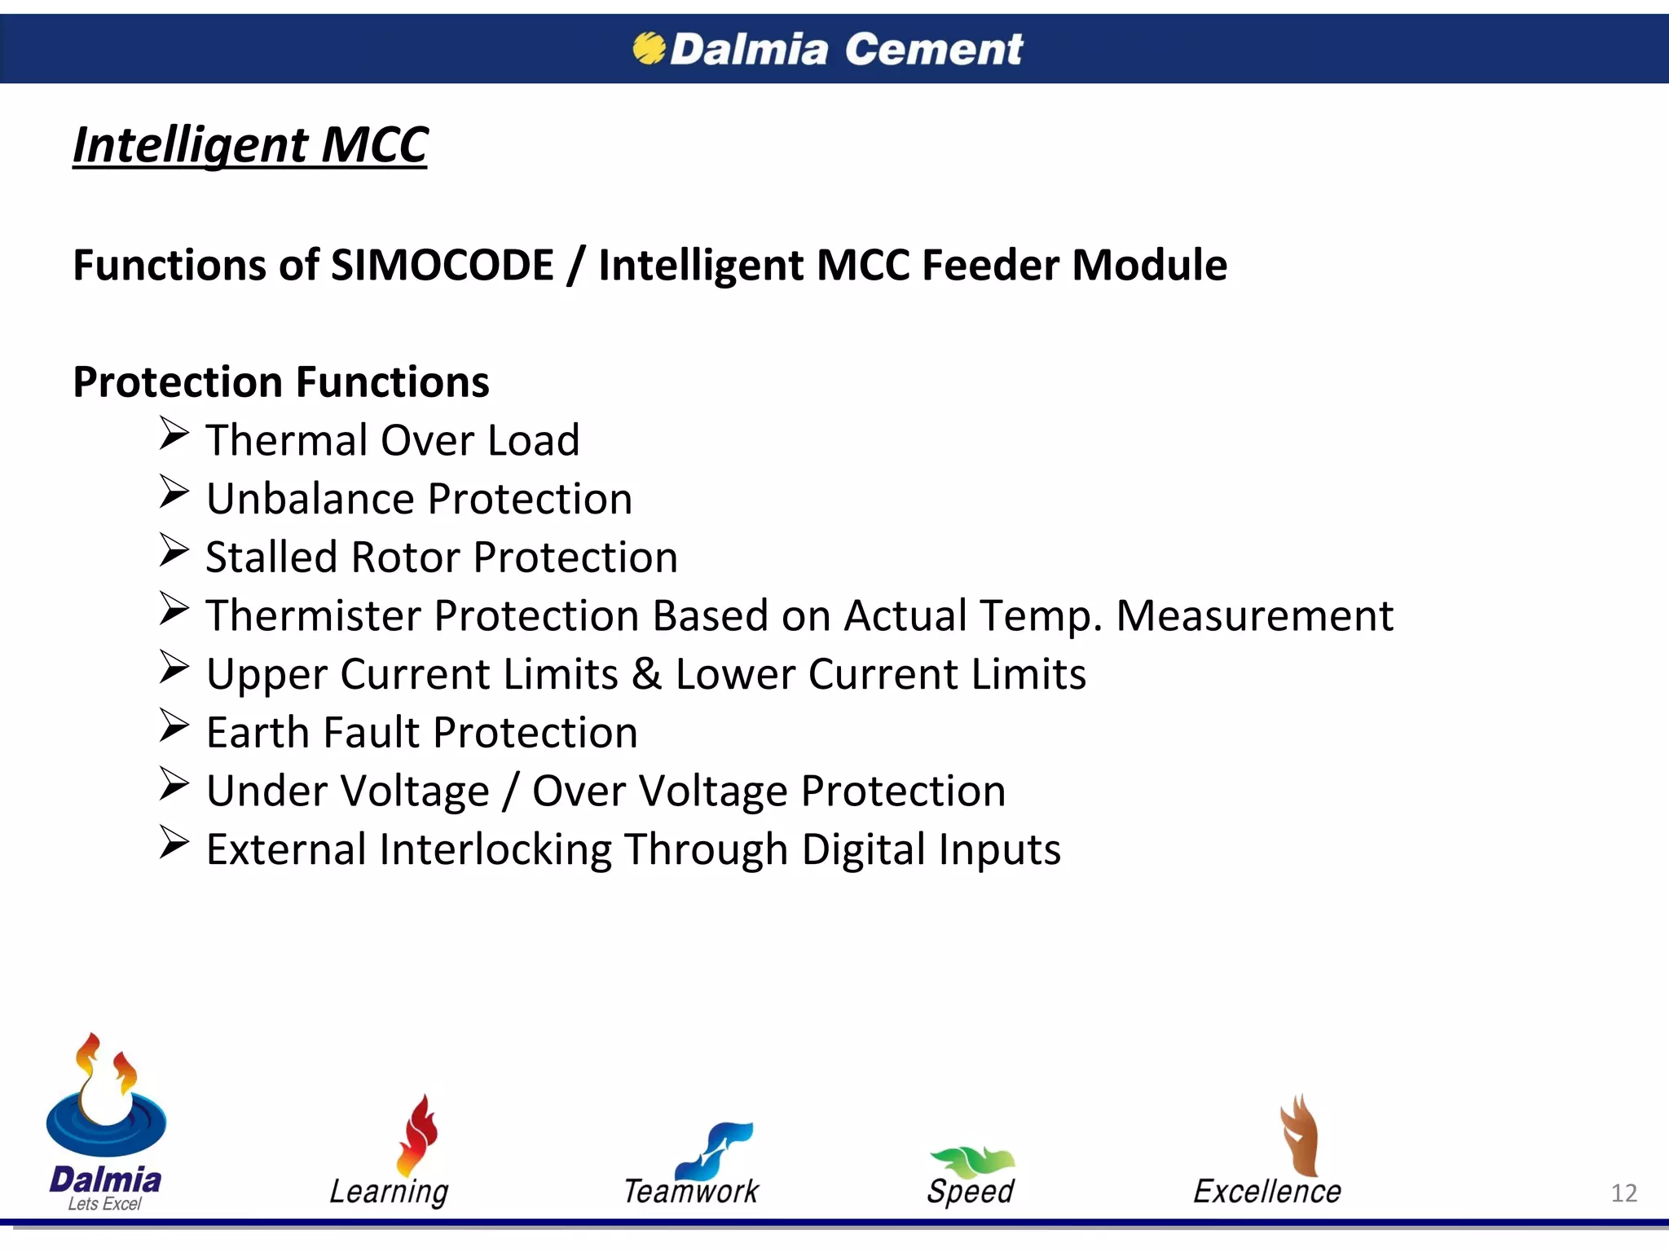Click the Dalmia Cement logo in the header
tap(827, 49)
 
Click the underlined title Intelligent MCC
tap(250, 145)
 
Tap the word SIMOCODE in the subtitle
tap(443, 265)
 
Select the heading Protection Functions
tap(281, 381)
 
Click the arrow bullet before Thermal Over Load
tap(174, 434)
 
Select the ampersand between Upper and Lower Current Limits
tap(646, 674)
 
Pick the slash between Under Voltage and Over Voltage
tap(510, 791)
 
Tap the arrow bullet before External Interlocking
tap(174, 843)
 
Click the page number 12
tap(1623, 1193)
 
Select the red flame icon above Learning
tap(417, 1135)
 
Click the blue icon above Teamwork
tap(716, 1149)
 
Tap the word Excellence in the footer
tap(1266, 1192)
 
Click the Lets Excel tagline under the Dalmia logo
tap(104, 1204)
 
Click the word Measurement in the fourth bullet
tap(1254, 616)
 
